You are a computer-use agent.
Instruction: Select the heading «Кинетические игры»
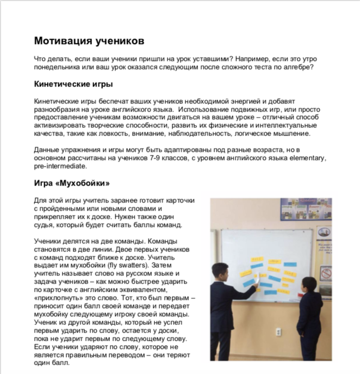click(73, 84)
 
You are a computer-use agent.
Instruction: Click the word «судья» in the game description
click(44, 225)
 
